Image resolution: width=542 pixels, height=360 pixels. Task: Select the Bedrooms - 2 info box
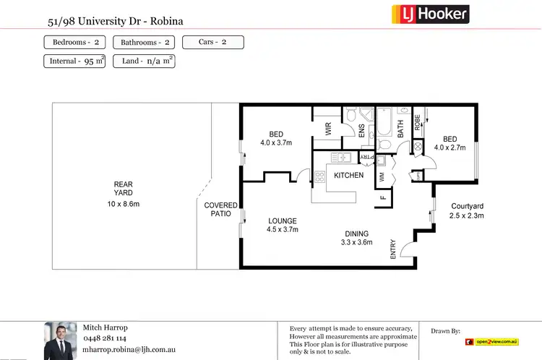tap(76, 42)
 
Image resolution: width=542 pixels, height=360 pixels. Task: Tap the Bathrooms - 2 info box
tap(145, 42)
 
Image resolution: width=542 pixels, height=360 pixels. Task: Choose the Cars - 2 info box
tap(212, 42)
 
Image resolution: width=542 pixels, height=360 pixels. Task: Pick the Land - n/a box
tap(144, 61)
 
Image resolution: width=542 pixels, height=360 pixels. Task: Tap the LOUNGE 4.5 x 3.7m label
tap(282, 225)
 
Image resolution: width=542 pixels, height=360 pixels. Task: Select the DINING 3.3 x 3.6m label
tap(356, 238)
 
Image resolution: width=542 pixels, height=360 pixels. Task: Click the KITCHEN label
tap(348, 176)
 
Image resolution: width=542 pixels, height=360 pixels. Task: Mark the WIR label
tap(327, 129)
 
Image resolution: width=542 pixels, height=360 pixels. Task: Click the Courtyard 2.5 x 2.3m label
tap(466, 210)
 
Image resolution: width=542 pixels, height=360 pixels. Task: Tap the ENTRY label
tap(393, 249)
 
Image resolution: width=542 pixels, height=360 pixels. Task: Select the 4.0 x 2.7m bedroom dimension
tap(449, 147)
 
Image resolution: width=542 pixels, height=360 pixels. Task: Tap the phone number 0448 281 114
tap(106, 338)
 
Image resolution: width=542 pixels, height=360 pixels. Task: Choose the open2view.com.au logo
tap(492, 340)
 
